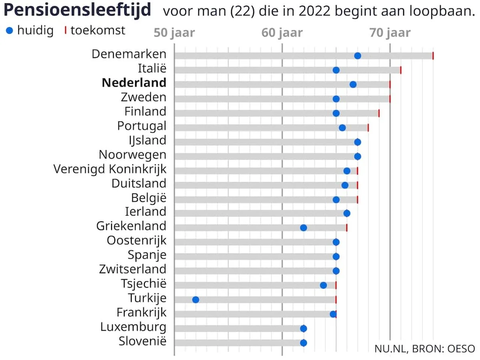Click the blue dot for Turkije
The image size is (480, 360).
[196, 300]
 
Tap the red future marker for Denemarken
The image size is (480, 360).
[433, 56]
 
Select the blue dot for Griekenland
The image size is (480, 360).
[303, 228]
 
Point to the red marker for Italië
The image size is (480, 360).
[401, 70]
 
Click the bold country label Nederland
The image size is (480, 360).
[134, 82]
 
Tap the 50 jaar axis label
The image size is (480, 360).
[175, 33]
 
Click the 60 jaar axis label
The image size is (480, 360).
[282, 33]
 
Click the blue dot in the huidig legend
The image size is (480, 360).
[10, 31]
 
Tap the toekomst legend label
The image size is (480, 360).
[98, 30]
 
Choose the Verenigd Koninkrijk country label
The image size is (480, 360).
[110, 169]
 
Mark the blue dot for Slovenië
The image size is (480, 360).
[303, 343]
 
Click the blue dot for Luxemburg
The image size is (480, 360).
[303, 328]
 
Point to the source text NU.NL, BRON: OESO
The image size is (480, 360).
[425, 348]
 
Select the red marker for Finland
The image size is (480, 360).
[379, 113]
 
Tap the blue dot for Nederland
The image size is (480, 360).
[353, 84]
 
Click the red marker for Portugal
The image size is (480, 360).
[368, 128]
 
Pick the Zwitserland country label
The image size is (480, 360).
[132, 269]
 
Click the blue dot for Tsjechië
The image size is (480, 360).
[324, 285]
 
